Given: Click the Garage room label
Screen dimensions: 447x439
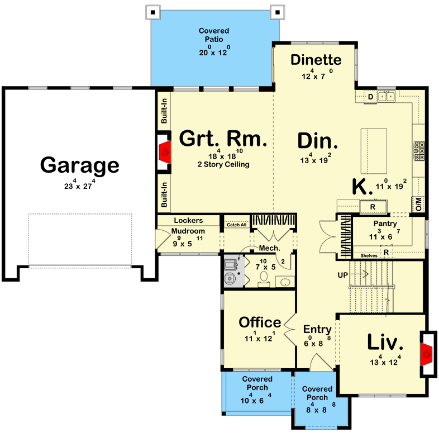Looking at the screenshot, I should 79,165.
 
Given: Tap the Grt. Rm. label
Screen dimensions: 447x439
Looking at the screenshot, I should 222,139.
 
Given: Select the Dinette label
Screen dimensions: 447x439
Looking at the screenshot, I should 316,60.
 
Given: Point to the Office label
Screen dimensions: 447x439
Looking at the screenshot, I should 260,322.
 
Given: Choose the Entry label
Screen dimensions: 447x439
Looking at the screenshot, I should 317,329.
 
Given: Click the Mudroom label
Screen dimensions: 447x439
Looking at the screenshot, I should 188,231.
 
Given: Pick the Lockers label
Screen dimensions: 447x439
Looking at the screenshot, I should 188,221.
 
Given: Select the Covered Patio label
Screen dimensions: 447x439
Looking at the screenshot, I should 214,35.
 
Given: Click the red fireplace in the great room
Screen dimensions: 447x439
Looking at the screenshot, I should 165,150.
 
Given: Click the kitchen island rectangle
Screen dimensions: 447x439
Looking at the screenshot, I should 374,151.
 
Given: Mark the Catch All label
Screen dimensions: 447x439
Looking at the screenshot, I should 236,225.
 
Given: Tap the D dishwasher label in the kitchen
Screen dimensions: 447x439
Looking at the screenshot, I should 370,97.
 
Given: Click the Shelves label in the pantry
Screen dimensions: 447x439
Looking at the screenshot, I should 369,255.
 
